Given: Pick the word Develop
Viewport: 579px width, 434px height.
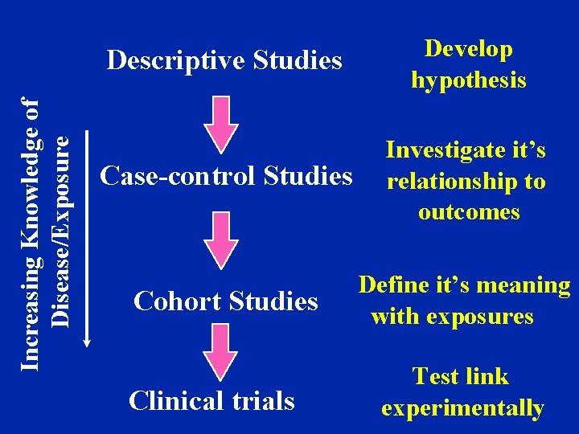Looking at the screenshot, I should click(x=468, y=49).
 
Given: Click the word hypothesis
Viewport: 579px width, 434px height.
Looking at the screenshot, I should click(x=468, y=80).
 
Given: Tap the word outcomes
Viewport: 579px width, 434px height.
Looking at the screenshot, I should click(x=469, y=212).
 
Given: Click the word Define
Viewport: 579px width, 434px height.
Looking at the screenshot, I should click(x=393, y=285).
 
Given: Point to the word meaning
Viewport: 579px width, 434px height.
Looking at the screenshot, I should click(x=524, y=285).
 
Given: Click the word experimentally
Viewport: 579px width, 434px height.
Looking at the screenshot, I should click(x=462, y=408).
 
